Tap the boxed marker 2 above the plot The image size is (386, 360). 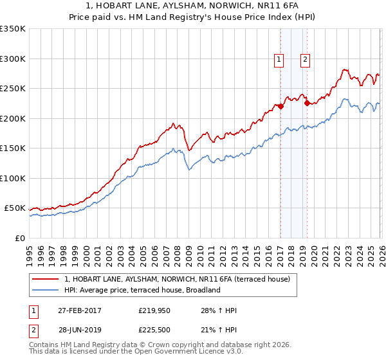(x=305, y=60)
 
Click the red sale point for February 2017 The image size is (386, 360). (x=280, y=107)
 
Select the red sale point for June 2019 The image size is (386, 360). (x=307, y=103)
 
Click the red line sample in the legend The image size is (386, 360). (x=46, y=279)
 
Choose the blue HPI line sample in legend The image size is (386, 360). (x=46, y=290)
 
